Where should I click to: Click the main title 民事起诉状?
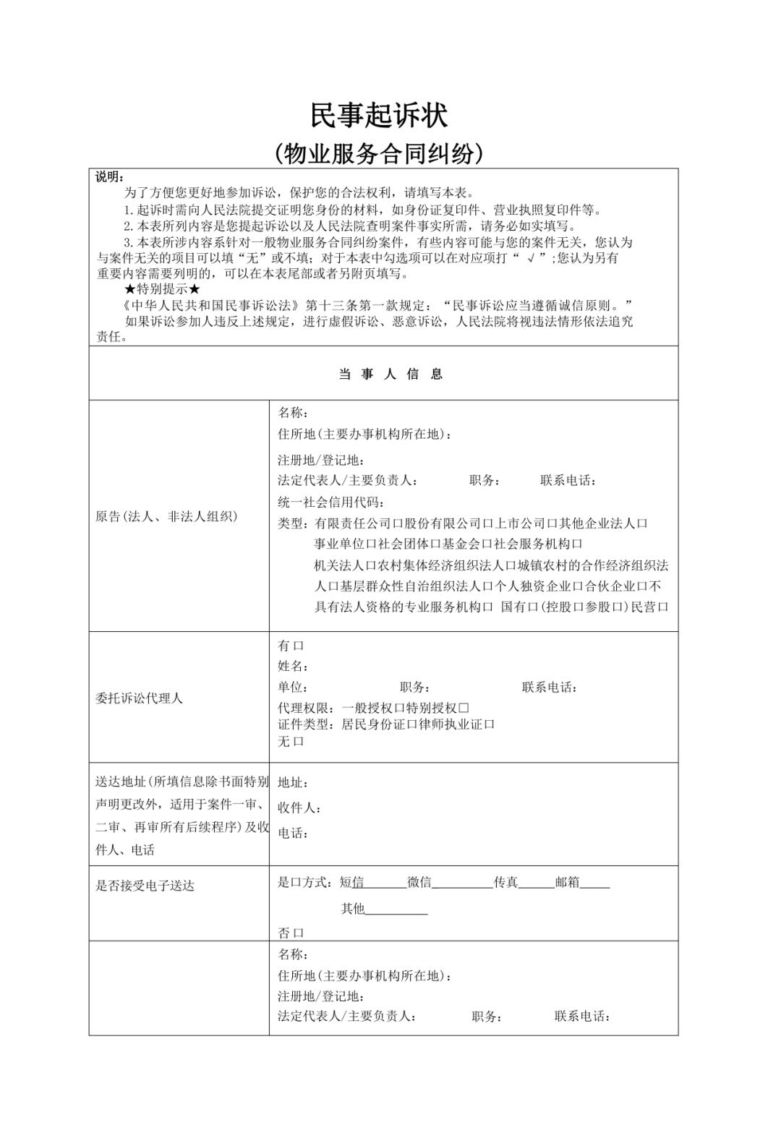coord(379,115)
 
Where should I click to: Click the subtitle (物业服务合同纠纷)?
coord(379,153)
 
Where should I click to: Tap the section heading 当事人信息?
coord(390,374)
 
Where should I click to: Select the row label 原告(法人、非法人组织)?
coord(166,516)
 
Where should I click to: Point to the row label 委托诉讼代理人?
coord(139,698)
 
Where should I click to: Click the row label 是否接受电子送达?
coord(145,886)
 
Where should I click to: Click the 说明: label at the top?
coord(110,178)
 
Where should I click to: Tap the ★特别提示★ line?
coord(162,289)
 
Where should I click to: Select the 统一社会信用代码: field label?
coord(331,502)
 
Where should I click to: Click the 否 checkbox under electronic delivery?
coord(299,933)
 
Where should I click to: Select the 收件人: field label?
coord(299,808)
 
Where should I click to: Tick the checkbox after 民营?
coord(662,607)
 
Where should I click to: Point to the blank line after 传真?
coord(536,883)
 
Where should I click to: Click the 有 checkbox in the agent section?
coord(299,646)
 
